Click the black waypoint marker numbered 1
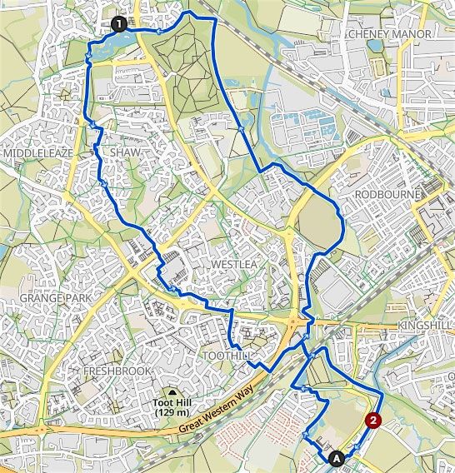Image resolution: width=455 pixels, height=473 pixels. click(x=118, y=25)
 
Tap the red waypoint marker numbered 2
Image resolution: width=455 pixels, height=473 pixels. click(x=374, y=421)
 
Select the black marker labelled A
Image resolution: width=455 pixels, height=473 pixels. click(x=337, y=457)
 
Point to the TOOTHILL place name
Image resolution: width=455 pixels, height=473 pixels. click(x=227, y=356)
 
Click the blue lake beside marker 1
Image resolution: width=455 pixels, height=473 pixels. click(x=105, y=51)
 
